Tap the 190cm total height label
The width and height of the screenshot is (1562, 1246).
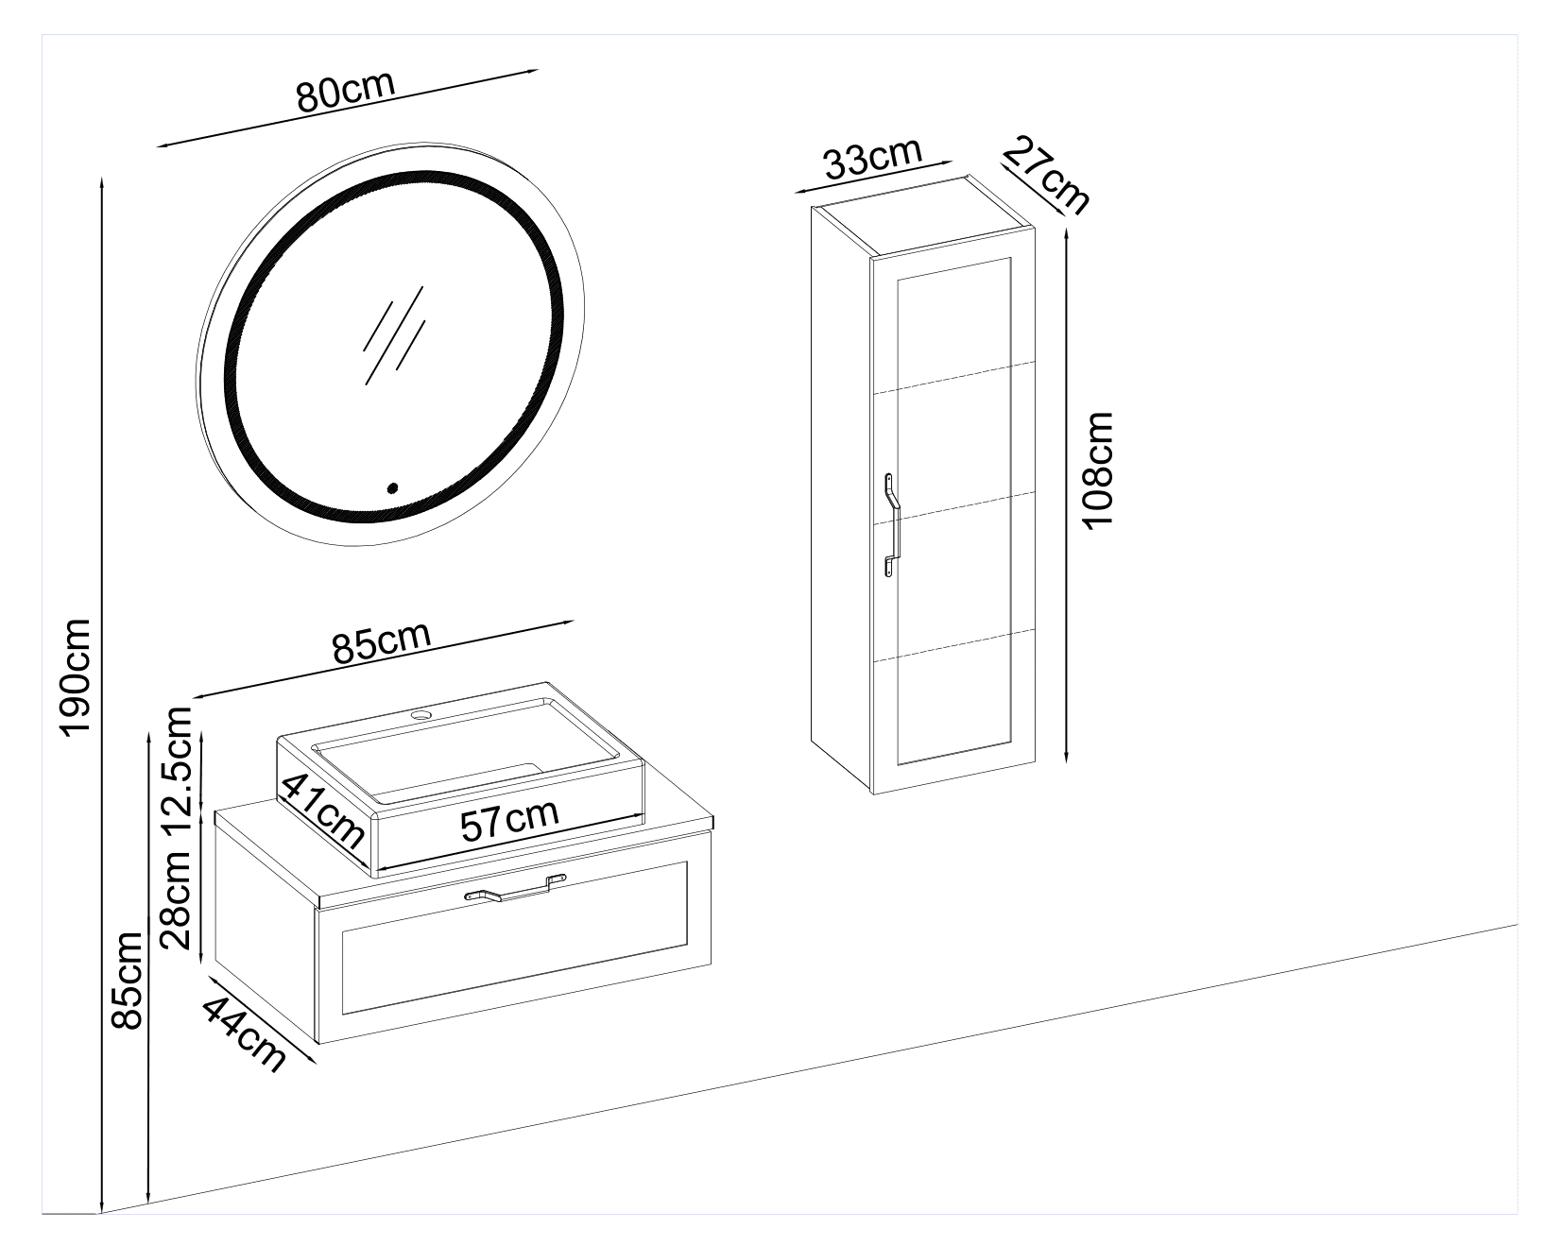(74, 676)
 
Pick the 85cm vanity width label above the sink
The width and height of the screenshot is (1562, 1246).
(381, 642)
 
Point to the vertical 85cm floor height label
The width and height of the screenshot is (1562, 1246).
(126, 980)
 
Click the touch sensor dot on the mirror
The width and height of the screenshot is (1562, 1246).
(392, 488)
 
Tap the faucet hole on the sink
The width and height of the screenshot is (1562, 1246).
(421, 714)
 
